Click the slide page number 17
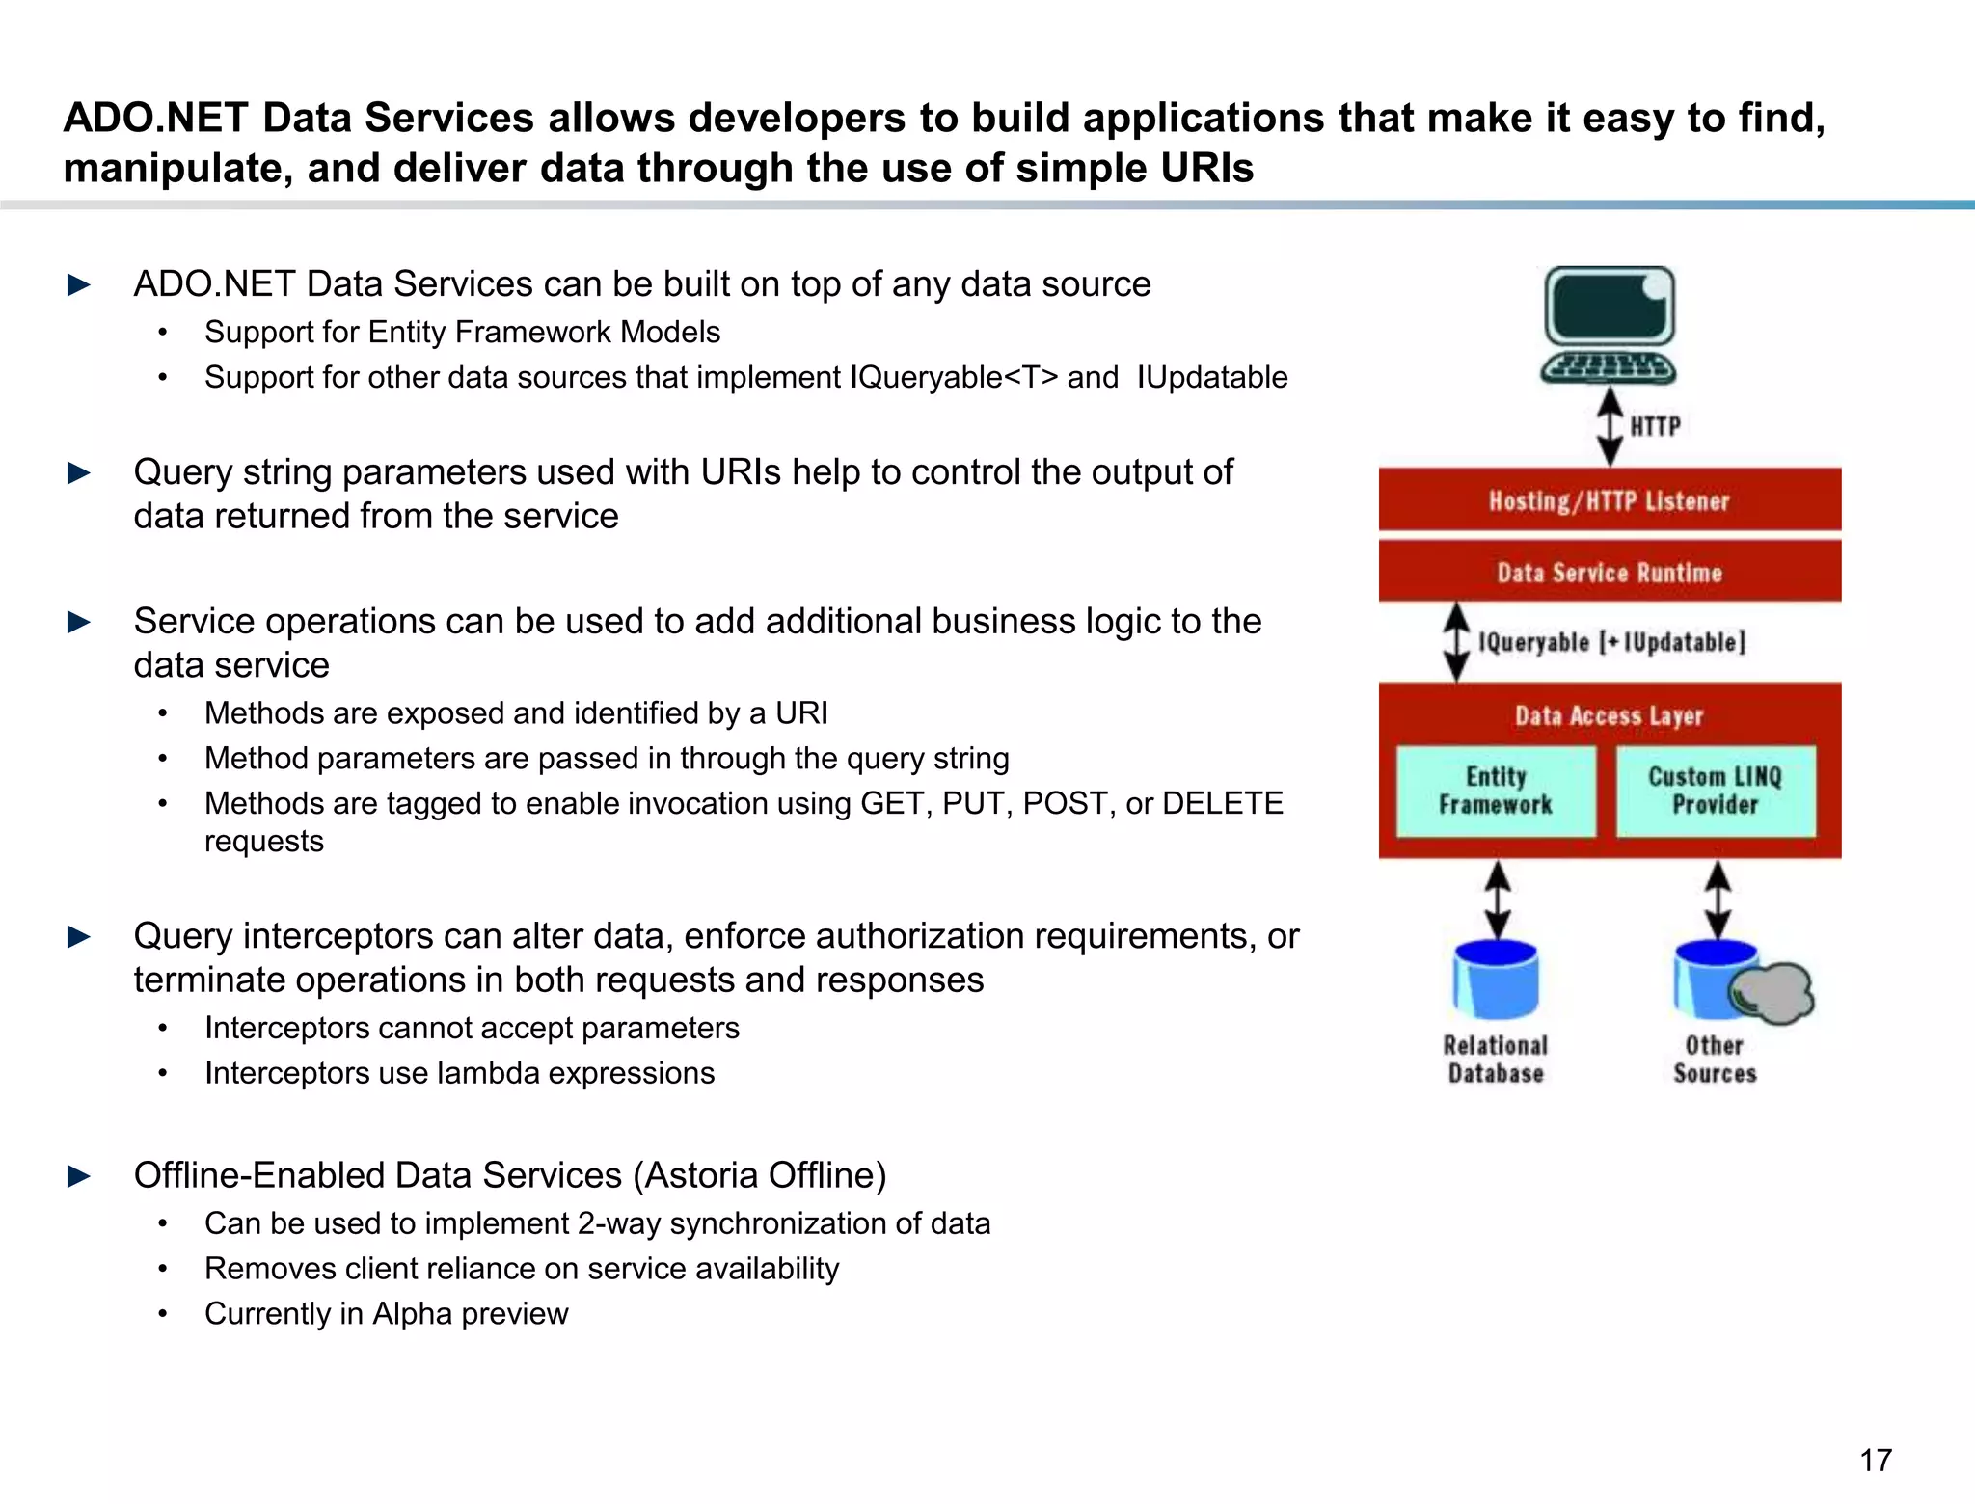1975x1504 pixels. (1875, 1460)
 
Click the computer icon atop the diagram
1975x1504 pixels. (1609, 325)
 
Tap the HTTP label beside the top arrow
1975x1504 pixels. (1655, 426)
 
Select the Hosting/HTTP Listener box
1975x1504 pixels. (1609, 500)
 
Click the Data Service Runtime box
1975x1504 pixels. (1609, 573)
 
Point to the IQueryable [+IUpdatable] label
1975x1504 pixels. (1611, 642)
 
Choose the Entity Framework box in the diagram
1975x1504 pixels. (1496, 791)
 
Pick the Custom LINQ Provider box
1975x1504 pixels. (1715, 791)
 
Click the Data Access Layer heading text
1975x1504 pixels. (1609, 715)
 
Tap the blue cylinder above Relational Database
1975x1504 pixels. (1496, 980)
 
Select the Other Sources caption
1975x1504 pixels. (1715, 1060)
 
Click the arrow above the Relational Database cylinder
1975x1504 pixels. (1497, 900)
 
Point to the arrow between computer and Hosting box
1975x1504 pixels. (1610, 426)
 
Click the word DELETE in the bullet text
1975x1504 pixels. (1222, 803)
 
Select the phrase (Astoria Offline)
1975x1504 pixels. (759, 1175)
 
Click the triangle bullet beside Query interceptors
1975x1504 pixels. (79, 936)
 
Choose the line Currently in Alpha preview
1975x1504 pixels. (386, 1313)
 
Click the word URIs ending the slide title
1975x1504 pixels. (1204, 169)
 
